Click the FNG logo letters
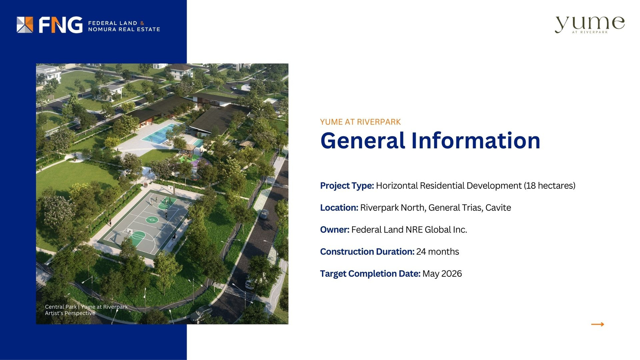click(x=60, y=25)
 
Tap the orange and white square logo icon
click(x=25, y=25)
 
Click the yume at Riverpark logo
click(x=590, y=25)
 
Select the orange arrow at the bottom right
click(x=598, y=324)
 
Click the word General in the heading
click(x=362, y=140)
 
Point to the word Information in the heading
click(x=476, y=140)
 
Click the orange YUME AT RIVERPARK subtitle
click(x=360, y=122)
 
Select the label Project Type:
click(x=347, y=186)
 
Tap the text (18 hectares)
click(x=550, y=186)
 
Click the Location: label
click(x=339, y=208)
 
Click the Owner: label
click(x=334, y=230)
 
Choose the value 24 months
click(x=438, y=252)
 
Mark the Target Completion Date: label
click(x=370, y=274)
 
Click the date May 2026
click(x=442, y=274)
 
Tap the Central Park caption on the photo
click(x=86, y=310)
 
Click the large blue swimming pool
click(x=160, y=134)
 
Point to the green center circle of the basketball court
click(x=152, y=220)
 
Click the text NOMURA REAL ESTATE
click(x=124, y=29)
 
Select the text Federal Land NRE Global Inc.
click(x=409, y=230)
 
